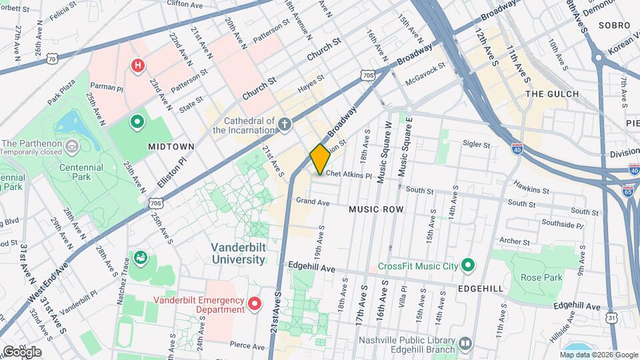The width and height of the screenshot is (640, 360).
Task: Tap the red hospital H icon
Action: (137, 65)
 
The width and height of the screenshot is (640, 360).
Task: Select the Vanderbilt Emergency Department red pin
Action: (254, 305)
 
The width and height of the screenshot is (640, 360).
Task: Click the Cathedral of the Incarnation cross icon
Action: (285, 124)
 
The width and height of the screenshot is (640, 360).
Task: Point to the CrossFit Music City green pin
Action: (468, 266)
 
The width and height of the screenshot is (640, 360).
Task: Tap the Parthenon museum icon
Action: (72, 145)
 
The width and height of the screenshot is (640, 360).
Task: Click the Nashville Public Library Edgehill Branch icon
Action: (465, 343)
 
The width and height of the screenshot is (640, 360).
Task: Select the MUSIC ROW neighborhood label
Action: (376, 209)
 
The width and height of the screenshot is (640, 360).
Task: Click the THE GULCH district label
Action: (552, 94)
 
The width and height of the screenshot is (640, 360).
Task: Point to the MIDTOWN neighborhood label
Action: (171, 146)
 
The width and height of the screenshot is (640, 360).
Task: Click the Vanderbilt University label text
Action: (238, 253)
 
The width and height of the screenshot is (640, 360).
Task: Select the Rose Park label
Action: (543, 277)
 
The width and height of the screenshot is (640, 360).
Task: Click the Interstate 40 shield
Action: (517, 149)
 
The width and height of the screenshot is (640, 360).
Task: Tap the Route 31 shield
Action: (611, 319)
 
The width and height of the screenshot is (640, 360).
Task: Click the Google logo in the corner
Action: (22, 351)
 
